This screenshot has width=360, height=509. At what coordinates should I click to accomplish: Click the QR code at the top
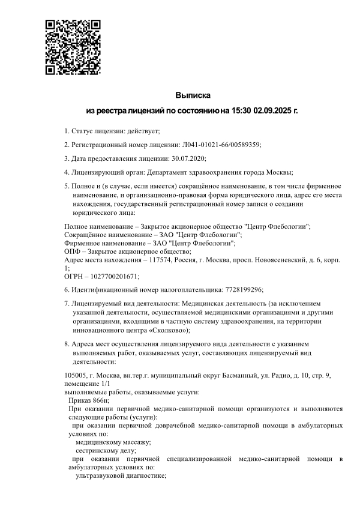coord(73,47)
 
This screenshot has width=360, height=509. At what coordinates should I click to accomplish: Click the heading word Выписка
coord(193,95)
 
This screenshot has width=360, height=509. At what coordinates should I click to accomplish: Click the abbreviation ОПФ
coord(73,251)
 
